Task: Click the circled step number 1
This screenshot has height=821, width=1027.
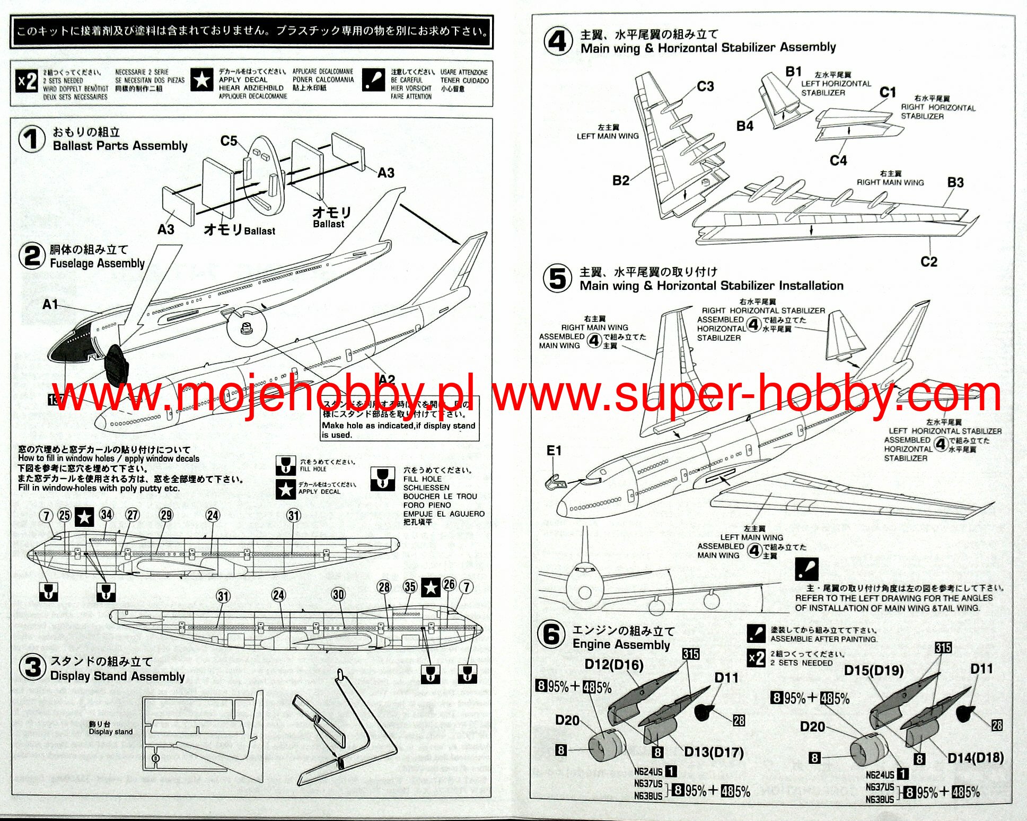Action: pos(32,139)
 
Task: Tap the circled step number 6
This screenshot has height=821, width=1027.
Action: pos(551,634)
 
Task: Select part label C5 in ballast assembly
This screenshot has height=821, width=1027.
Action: pos(229,141)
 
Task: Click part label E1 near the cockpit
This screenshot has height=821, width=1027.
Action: pos(554,451)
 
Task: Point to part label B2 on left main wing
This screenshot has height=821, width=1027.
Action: pos(620,180)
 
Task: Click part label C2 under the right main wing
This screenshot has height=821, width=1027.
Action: pos(928,262)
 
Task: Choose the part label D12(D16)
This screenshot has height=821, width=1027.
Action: pos(613,665)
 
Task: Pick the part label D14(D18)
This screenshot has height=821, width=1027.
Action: pos(975,758)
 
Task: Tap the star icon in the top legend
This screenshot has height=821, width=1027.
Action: pos(201,81)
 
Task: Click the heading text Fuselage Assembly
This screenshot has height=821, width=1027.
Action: pos(97,263)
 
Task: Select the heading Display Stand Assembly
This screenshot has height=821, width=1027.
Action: pos(117,676)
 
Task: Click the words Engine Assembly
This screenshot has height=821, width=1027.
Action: pos(621,645)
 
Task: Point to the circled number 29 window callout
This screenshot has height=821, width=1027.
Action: pos(166,515)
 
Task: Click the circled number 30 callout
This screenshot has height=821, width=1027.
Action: pos(338,594)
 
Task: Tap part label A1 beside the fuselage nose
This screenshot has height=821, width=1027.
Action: pos(50,304)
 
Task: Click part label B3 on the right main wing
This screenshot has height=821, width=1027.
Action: pos(955,182)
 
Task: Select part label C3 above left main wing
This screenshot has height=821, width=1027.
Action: pos(705,86)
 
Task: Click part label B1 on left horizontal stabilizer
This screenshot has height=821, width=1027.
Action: pos(793,72)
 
